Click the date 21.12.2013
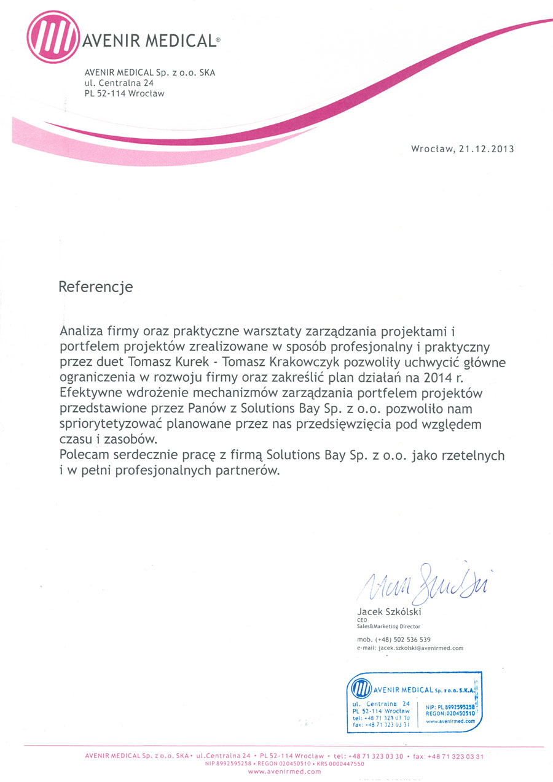pyautogui.click(x=486, y=149)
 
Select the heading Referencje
pyautogui.click(x=95, y=287)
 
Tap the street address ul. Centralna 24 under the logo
pyautogui.click(x=119, y=83)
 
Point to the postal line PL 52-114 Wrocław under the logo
pyautogui.click(x=125, y=94)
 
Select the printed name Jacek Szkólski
pyautogui.click(x=390, y=612)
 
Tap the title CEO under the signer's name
pyautogui.click(x=362, y=620)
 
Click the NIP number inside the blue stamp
pyautogui.click(x=450, y=707)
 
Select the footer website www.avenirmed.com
pyautogui.click(x=284, y=772)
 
